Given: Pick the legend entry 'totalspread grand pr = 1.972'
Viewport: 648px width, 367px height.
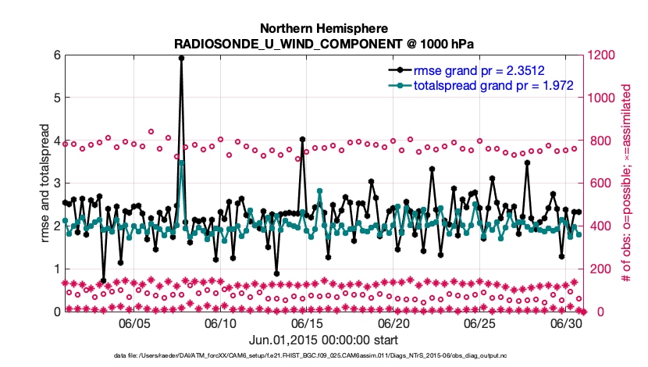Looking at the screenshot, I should pos(492,84).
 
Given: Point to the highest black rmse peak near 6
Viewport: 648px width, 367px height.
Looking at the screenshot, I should pos(181,58).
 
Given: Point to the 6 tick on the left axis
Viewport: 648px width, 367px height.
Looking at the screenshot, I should pos(57,55).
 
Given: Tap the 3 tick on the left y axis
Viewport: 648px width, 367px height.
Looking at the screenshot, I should pos(57,183).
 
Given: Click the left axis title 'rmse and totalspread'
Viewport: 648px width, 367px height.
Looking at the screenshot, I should pos(45,183).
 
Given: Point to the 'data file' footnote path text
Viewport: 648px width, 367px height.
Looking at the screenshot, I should pos(323,356).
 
